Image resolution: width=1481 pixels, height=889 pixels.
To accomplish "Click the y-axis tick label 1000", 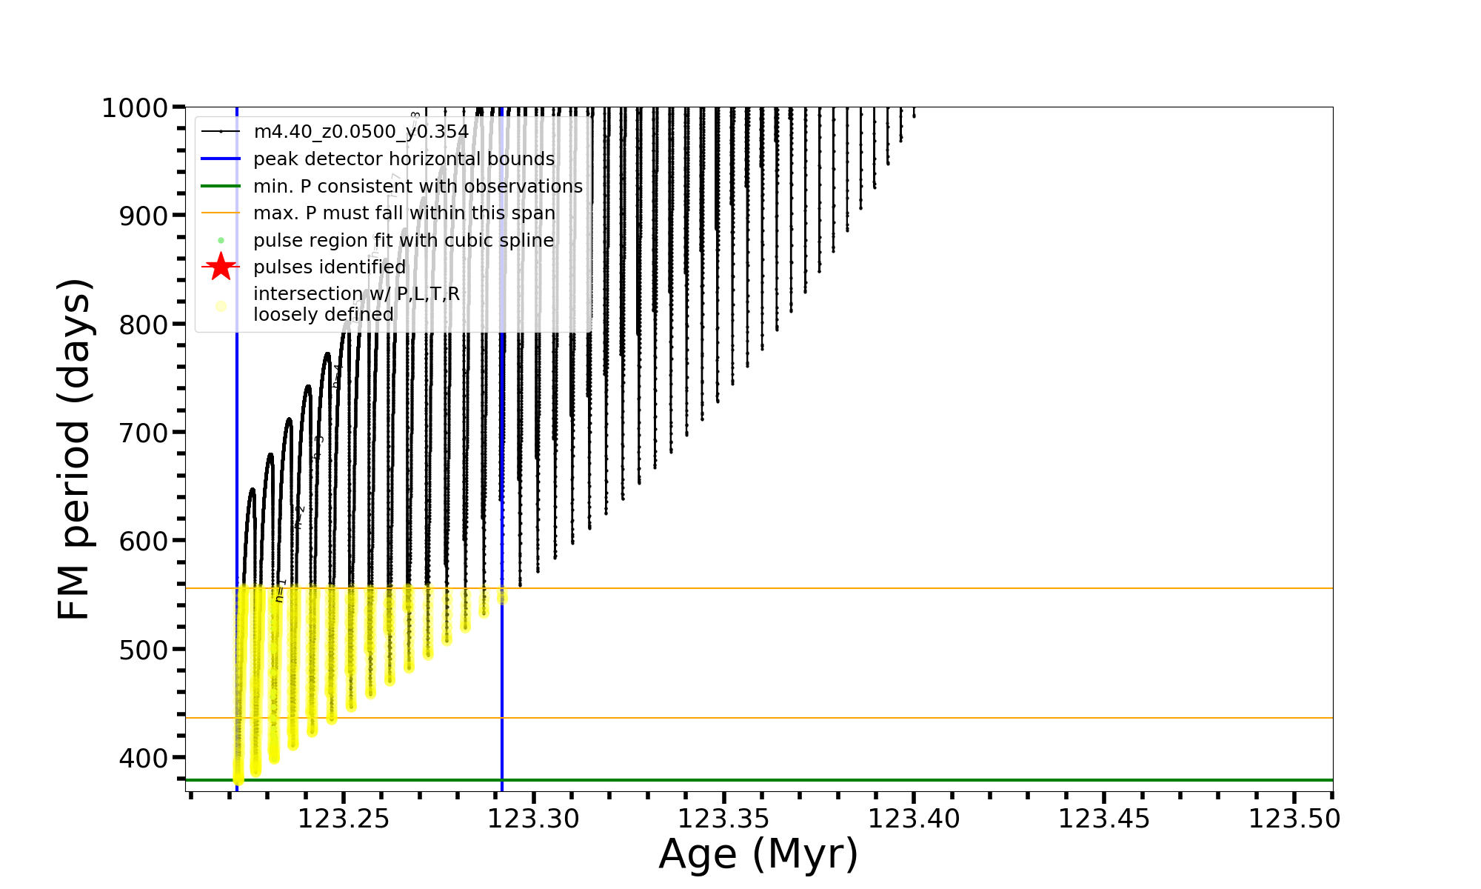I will [x=136, y=108].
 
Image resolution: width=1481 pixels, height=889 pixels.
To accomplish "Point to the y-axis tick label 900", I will [x=144, y=216].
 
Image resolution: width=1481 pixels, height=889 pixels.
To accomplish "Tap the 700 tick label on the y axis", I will [x=144, y=433].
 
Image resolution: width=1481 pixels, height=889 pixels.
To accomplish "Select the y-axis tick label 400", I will [x=144, y=758].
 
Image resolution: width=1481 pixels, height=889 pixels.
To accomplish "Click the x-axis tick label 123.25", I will [x=344, y=819].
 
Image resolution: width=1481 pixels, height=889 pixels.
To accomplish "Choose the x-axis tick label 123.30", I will [x=533, y=819].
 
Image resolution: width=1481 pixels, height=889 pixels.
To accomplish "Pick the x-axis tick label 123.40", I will [x=914, y=819].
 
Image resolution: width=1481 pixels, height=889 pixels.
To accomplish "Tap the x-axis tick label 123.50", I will [x=1294, y=819].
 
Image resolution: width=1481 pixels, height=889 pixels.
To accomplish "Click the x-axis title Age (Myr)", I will [x=758, y=854].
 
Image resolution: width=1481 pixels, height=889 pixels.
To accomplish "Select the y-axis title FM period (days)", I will [x=75, y=449].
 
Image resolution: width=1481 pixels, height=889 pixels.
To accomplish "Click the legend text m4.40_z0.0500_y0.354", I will [x=361, y=132].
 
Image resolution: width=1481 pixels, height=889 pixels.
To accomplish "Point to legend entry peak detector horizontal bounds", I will [x=404, y=159].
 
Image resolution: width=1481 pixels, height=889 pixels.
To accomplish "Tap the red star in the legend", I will [x=221, y=267].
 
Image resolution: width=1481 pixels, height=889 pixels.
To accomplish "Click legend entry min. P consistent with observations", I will [x=418, y=187].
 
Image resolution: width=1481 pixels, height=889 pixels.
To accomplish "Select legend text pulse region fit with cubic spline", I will [x=404, y=241].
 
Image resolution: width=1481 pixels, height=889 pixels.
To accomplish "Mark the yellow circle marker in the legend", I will [x=221, y=306].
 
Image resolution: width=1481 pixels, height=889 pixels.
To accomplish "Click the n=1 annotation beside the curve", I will [x=280, y=590].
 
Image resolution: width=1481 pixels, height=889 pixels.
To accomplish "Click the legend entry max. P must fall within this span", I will [x=404, y=213].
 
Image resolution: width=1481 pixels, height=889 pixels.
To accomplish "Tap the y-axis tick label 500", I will [x=144, y=650].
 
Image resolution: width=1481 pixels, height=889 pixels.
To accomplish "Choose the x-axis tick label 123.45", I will [x=1104, y=819].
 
